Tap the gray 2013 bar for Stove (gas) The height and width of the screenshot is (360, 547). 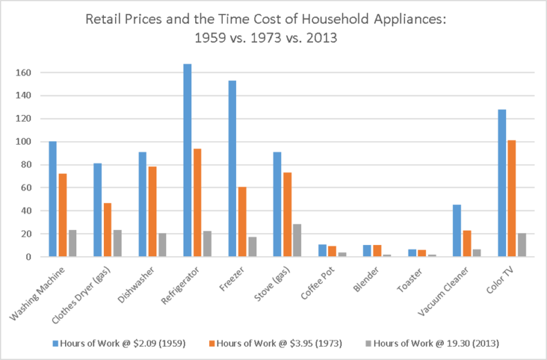tap(296, 240)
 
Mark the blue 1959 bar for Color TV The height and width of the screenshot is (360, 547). tap(501, 183)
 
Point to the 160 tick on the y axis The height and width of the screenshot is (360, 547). tap(27, 73)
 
